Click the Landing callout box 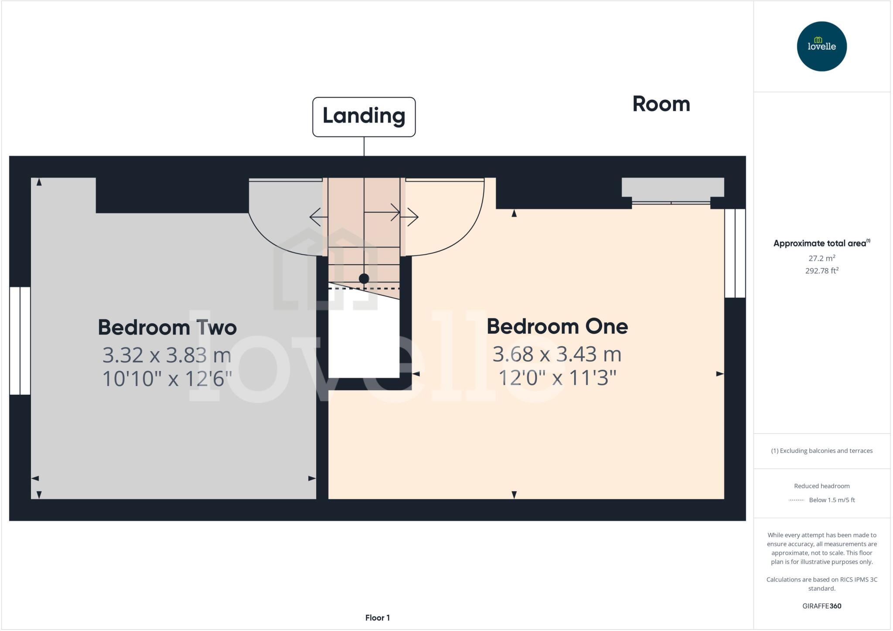tap(364, 116)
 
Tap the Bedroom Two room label tap(167, 327)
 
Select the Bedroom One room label tap(557, 327)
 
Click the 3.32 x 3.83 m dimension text tap(167, 355)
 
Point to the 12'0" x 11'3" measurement tap(557, 378)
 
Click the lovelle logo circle tap(821, 46)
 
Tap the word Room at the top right tap(661, 104)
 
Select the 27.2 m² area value tap(821, 258)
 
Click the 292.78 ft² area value tap(821, 271)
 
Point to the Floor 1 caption tap(377, 617)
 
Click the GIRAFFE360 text tap(821, 606)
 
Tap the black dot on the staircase tap(364, 278)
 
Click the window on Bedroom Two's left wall tap(20, 341)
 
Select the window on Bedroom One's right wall tap(735, 253)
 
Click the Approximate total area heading tap(821, 243)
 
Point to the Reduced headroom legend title tap(821, 486)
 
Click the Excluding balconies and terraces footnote tap(821, 451)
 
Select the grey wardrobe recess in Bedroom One tap(672, 187)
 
